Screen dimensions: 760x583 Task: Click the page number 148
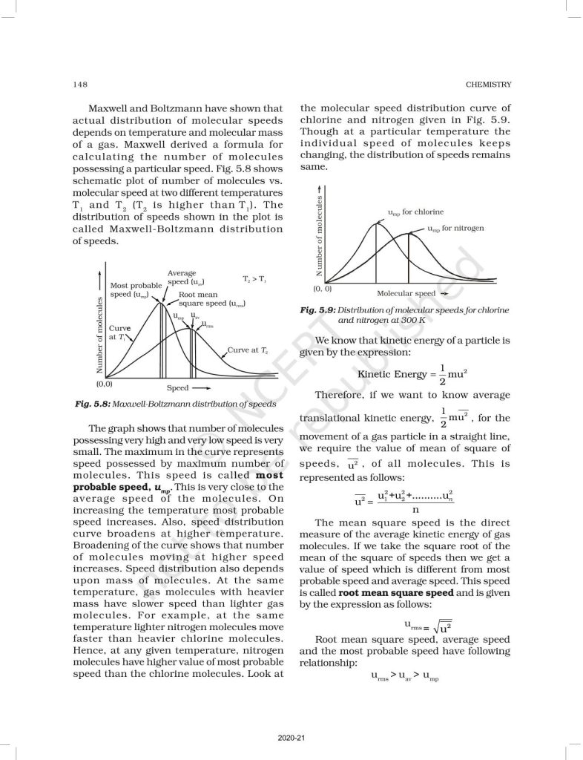click(79, 83)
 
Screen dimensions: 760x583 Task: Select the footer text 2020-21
click(290, 737)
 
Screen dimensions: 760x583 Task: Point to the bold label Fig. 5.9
click(317, 310)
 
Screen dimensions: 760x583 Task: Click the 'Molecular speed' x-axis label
click(406, 294)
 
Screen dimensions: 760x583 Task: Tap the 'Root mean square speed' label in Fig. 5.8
click(211, 299)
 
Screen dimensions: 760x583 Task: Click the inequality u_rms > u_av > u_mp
click(404, 678)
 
